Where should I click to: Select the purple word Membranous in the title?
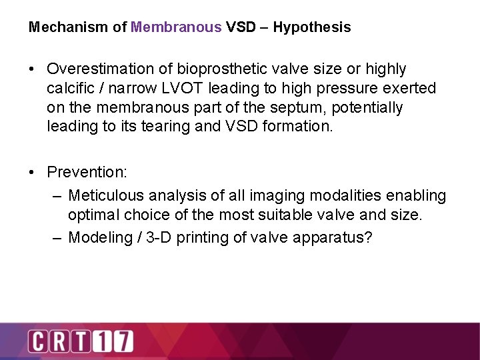[x=176, y=27]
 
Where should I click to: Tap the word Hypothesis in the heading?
[x=311, y=27]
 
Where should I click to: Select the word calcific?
[x=69, y=89]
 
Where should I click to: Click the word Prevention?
[x=86, y=172]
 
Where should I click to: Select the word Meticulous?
[x=106, y=196]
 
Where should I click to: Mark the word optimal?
[x=92, y=215]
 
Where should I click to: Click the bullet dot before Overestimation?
[x=32, y=69]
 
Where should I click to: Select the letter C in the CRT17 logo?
[x=37, y=341]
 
